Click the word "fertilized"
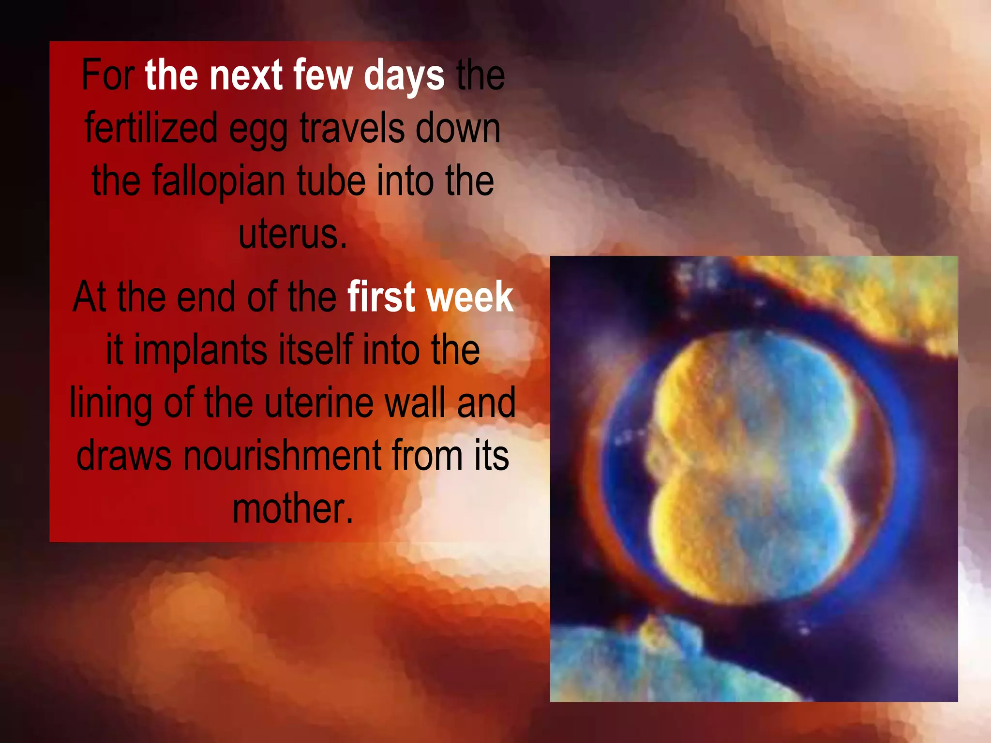click(150, 128)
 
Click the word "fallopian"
click(218, 181)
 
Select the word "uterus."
click(293, 234)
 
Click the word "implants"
click(200, 351)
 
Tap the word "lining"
click(111, 404)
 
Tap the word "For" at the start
click(107, 75)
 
